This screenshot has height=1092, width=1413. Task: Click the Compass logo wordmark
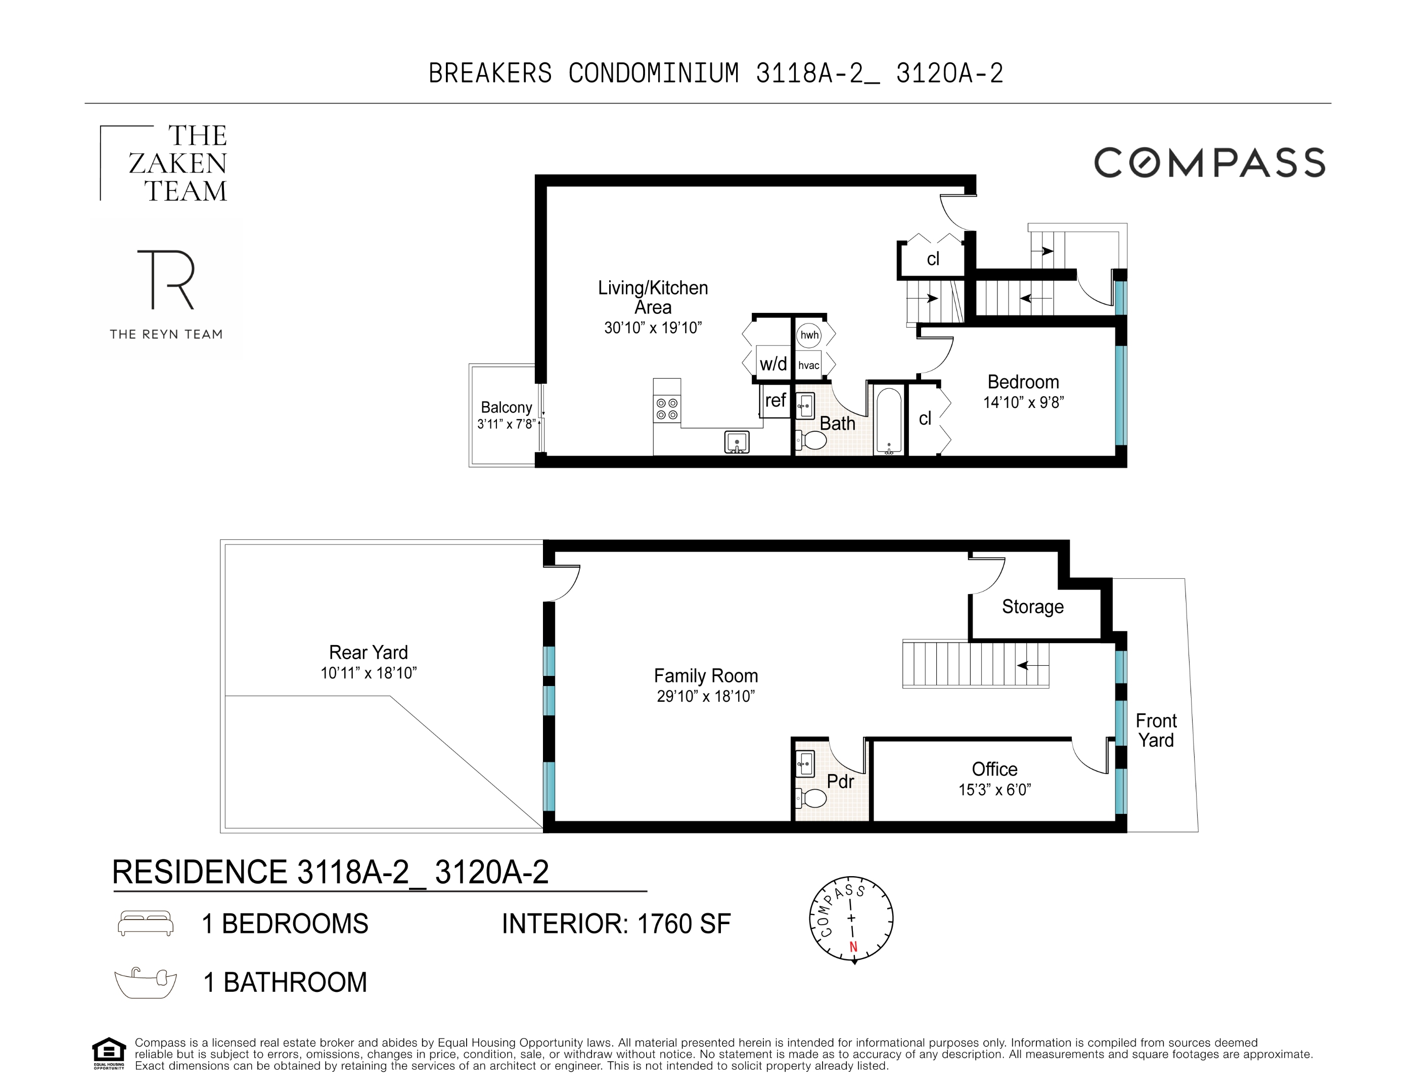1209,162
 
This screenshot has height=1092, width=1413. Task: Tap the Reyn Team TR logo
166,280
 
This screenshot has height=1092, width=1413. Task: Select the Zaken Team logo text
178,164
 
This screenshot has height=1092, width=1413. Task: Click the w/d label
773,363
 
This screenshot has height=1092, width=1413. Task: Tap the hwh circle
809,335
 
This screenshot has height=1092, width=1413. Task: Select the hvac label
809,366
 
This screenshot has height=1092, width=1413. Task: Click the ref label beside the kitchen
775,400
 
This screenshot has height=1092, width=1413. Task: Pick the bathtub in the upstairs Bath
888,419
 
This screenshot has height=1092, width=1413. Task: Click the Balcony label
506,407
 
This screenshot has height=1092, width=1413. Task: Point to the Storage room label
1032,607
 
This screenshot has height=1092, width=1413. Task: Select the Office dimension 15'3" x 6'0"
994,790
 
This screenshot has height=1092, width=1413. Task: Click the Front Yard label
1156,731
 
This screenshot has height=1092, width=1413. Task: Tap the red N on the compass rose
853,947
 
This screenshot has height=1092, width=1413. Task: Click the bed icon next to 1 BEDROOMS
146,923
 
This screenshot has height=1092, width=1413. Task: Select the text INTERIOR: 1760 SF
616,924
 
